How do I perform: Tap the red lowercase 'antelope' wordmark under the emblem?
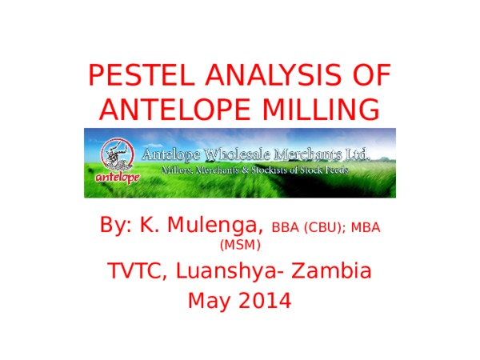click(114, 178)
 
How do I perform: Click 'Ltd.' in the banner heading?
click(353, 154)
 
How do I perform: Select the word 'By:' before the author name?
click(118, 225)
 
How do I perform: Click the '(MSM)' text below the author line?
click(239, 245)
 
